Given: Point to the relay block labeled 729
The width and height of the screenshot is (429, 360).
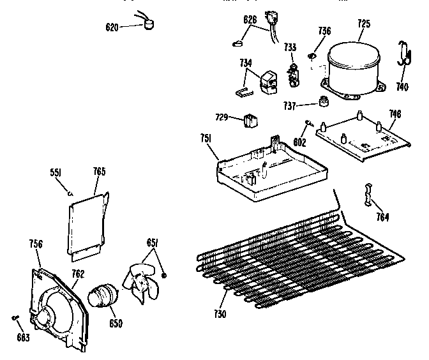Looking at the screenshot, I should (x=250, y=120).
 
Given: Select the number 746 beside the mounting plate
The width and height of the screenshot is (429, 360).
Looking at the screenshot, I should (x=395, y=114).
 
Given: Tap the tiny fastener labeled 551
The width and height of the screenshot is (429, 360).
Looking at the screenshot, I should (x=70, y=191).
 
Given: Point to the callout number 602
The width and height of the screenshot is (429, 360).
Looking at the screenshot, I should (x=298, y=144).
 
